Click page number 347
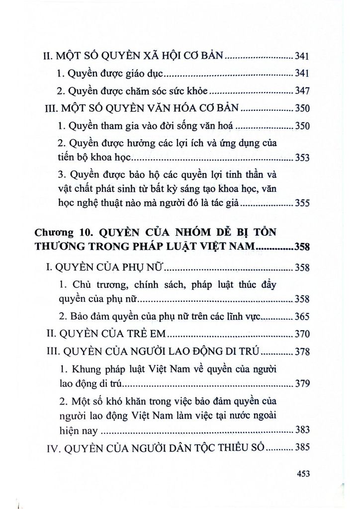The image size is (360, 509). [302, 91]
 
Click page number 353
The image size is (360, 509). [302, 159]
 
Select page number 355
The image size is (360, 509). [302, 203]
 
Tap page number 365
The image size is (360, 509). [302, 316]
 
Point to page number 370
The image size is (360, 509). [302, 334]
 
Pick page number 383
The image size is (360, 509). [302, 429]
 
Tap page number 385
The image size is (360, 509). [302, 447]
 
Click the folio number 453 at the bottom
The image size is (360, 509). [302, 474]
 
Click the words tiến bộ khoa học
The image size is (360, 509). [92, 159]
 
